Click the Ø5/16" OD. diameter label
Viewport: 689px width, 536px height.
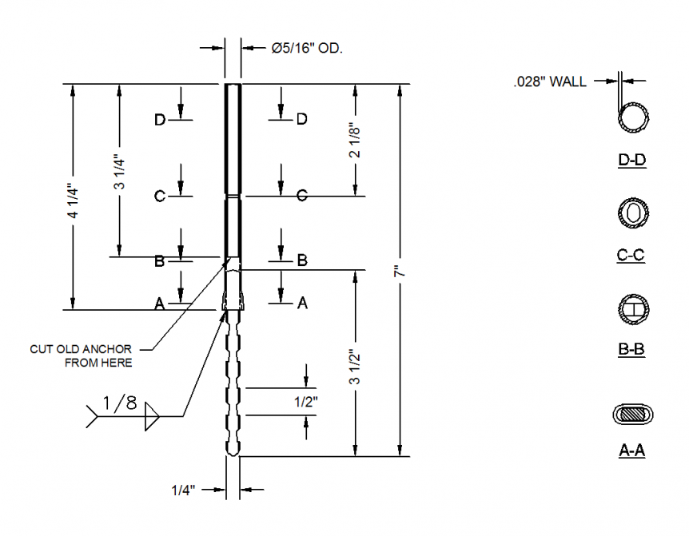tap(306, 49)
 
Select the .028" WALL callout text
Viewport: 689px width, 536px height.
tap(550, 81)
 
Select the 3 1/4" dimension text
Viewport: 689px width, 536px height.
tap(119, 173)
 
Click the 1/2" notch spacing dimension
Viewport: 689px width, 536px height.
tap(306, 402)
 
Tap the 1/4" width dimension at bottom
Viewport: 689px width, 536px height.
tap(185, 489)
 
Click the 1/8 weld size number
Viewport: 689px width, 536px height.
tap(120, 403)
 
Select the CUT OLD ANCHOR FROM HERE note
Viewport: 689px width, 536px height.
tap(82, 355)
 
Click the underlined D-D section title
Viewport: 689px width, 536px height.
tap(631, 161)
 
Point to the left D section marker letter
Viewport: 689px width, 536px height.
tap(160, 120)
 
